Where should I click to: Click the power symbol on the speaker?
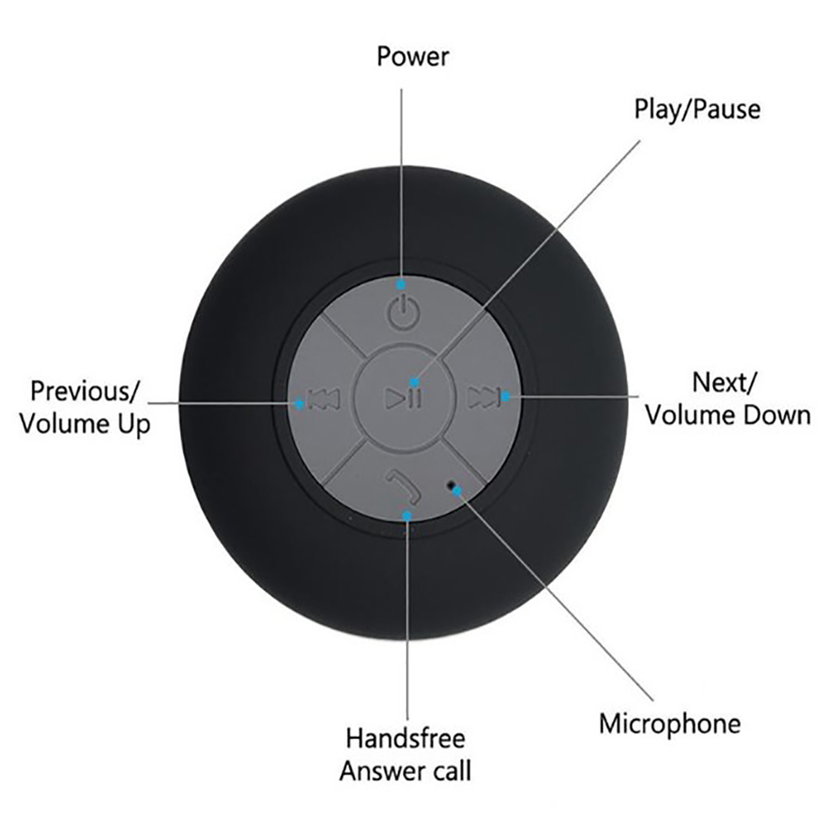pyautogui.click(x=403, y=313)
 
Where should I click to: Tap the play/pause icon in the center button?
pyautogui.click(x=403, y=399)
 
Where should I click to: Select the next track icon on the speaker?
pyautogui.click(x=483, y=398)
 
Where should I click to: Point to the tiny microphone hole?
pyautogui.click(x=450, y=483)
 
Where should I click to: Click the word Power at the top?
pyautogui.click(x=413, y=56)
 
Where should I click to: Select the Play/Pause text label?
pyautogui.click(x=697, y=110)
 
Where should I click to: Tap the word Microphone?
pyautogui.click(x=669, y=724)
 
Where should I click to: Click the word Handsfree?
pyautogui.click(x=406, y=739)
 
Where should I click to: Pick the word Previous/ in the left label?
pyautogui.click(x=86, y=391)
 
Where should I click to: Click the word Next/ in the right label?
pyautogui.click(x=725, y=383)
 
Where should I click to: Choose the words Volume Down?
pyautogui.click(x=728, y=415)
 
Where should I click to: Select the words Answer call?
pyautogui.click(x=405, y=771)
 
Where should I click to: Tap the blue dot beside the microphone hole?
pyautogui.click(x=457, y=492)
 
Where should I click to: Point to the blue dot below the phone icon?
pyautogui.click(x=407, y=516)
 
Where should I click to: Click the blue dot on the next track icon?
pyautogui.click(x=505, y=396)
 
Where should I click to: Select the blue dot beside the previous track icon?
pyautogui.click(x=300, y=404)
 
